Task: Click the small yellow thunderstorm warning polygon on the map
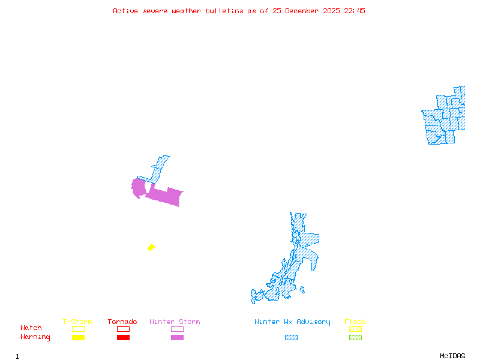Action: [x=151, y=247]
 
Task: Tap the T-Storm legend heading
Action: [x=77, y=322]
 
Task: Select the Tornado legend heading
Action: [x=122, y=322]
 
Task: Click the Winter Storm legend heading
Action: [x=175, y=322]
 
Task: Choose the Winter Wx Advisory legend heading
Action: [x=292, y=322]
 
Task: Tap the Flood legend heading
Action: [x=355, y=322]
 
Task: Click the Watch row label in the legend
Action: [x=31, y=328]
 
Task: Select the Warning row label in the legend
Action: [x=35, y=337]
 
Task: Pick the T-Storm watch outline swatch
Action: [x=78, y=329]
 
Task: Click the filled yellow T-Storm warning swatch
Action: [x=78, y=337]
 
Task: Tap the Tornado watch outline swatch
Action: [x=123, y=329]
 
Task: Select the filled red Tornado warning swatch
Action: [x=123, y=337]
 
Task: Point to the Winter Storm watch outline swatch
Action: [x=177, y=329]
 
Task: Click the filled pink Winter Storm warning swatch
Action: [x=177, y=337]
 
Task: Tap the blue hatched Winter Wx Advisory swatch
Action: [x=291, y=337]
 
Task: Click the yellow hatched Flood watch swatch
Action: [x=355, y=329]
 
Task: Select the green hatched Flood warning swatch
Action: [x=355, y=337]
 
